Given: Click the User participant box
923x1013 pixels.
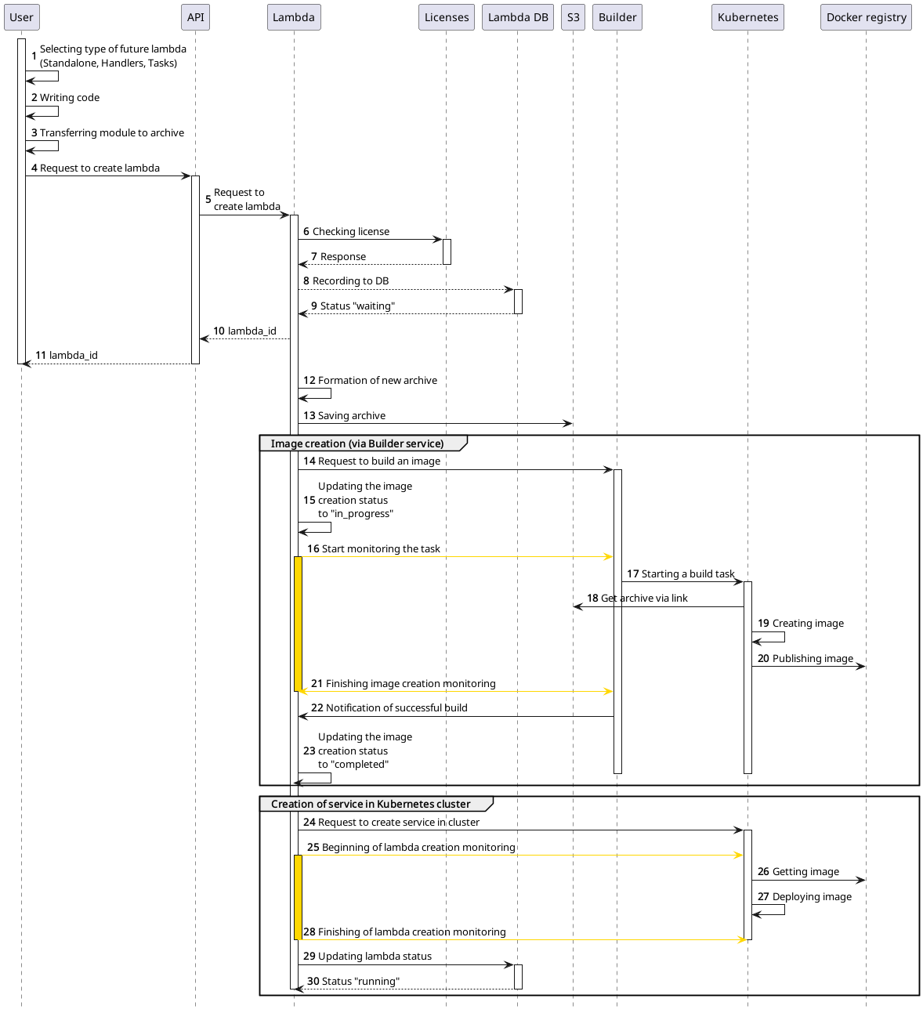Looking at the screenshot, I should (x=21, y=17).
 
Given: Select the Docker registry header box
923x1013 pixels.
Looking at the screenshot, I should (x=866, y=17).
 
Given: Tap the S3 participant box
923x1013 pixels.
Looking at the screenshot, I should (x=573, y=17).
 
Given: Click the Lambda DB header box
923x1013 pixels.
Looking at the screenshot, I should (x=517, y=17).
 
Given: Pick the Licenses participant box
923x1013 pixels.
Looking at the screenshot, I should (x=446, y=17).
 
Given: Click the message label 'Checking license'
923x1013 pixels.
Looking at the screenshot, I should (x=350, y=232).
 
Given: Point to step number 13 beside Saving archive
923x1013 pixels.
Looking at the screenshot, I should (x=309, y=416).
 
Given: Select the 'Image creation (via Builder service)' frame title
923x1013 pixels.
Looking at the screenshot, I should (x=357, y=443).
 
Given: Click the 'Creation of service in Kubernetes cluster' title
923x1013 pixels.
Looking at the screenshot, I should (x=370, y=804).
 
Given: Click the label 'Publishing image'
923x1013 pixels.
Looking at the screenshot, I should (x=812, y=659).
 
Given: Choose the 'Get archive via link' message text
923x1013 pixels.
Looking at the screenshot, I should (x=643, y=599).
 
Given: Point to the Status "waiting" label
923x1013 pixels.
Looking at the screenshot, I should (x=357, y=306).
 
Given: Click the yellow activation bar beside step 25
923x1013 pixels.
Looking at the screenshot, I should (x=298, y=896).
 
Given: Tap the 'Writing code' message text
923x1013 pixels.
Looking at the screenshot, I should (x=69, y=98).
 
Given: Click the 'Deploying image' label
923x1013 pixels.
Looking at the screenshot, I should (x=811, y=897).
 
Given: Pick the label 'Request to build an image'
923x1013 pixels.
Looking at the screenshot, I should (x=378, y=461).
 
